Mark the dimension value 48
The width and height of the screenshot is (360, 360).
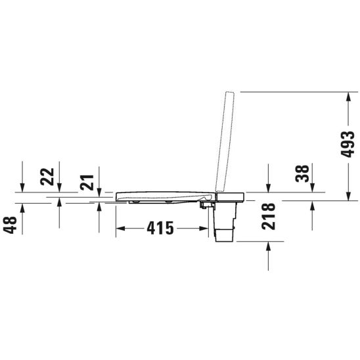[x=10, y=225]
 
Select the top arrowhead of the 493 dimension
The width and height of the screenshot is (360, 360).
[x=348, y=97]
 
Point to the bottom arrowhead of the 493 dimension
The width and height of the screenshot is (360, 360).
[x=348, y=193]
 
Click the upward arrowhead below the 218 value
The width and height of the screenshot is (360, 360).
[x=269, y=246]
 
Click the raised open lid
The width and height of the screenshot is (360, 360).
[x=224, y=141]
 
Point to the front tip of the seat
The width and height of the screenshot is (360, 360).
[x=118, y=196]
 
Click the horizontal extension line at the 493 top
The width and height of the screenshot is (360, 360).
[x=296, y=91]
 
